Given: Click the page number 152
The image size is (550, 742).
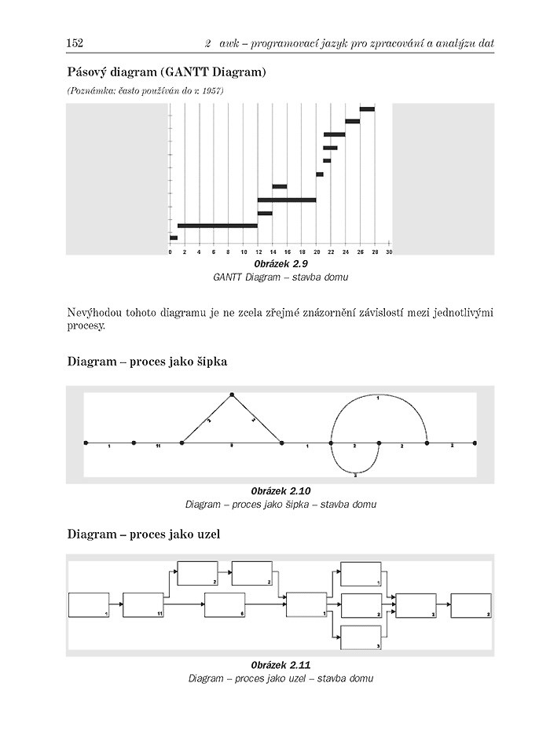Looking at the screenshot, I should coord(75,42).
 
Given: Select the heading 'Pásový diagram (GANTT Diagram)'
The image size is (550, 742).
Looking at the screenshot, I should coord(167,72).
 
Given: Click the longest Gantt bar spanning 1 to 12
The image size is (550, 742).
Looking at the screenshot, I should coord(218,226).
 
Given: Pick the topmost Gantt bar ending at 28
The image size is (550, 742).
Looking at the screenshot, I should coord(367,109).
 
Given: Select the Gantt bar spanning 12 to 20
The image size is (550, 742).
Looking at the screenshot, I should coord(287,200).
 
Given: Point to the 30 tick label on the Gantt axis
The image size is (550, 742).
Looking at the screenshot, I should coord(389,252).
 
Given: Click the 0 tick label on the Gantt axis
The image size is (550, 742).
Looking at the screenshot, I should coord(170,252).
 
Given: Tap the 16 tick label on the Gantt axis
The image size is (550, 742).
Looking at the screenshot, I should coord(287,252).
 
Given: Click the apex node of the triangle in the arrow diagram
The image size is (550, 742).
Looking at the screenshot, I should coord(232,395).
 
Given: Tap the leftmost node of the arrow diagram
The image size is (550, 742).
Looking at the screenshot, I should coord(86,443).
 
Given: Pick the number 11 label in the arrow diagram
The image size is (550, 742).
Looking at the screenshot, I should coord(158,446).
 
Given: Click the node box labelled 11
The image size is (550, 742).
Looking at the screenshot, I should coord(143,605).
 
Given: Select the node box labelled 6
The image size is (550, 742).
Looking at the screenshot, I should coord(225,604).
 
